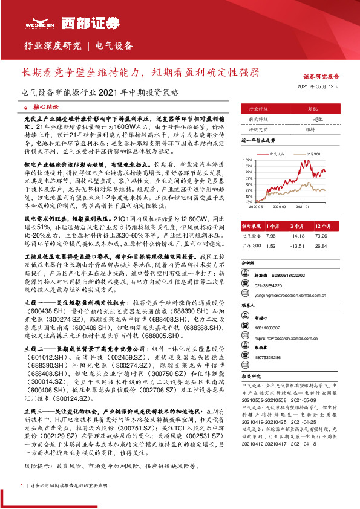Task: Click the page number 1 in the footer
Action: click(22, 485)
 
